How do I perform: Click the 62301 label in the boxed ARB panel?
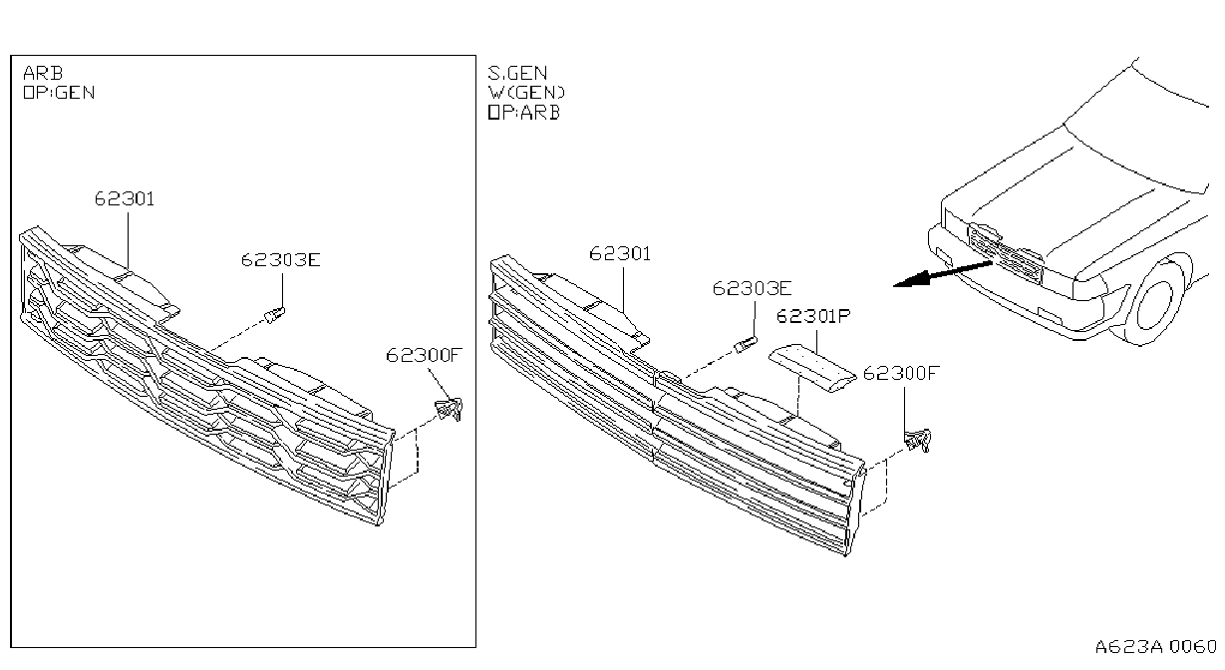pos(125,198)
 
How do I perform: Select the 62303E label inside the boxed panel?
pos(280,260)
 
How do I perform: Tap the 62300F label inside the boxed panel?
pos(425,356)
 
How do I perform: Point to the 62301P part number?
pos(813,316)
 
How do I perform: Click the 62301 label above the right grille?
pos(620,254)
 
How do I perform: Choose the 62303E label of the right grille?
pos(752,288)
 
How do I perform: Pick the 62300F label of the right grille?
pos(901,373)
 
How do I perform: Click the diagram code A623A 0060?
pos(1156,647)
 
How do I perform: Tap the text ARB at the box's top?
pos(43,73)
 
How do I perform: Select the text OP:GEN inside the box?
pos(59,93)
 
